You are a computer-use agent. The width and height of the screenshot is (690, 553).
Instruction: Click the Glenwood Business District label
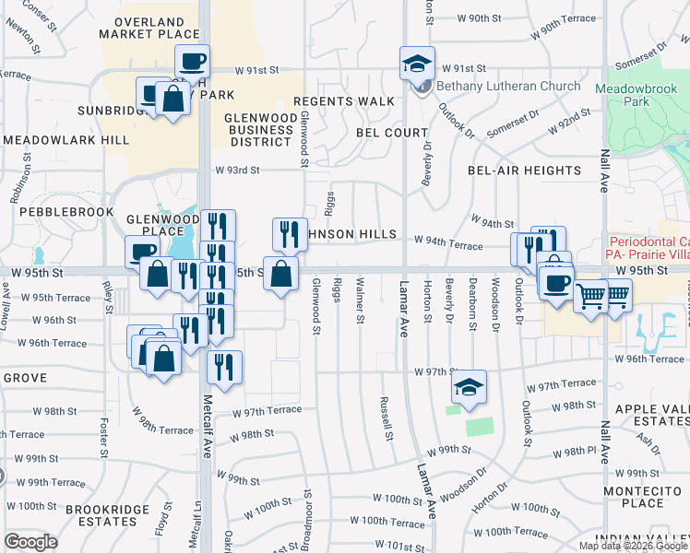click(x=261, y=128)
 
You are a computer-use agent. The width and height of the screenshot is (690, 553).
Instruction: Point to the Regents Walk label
click(x=344, y=100)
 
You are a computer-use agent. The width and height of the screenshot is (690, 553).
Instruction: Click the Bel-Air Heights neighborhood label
click(x=524, y=171)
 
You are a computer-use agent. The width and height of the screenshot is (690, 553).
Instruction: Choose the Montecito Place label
click(x=643, y=496)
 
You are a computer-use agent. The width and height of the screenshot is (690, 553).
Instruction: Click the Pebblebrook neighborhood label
click(x=54, y=212)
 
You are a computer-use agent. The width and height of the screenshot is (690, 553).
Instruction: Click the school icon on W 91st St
click(x=417, y=64)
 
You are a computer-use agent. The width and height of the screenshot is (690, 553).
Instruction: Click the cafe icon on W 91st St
click(x=192, y=62)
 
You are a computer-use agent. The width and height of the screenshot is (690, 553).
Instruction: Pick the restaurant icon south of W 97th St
click(x=225, y=367)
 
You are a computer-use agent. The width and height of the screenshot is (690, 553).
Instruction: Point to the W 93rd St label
click(x=238, y=170)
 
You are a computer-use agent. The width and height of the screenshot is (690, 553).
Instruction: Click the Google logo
click(x=30, y=542)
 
